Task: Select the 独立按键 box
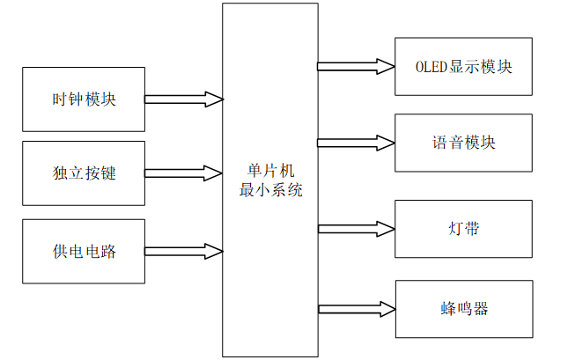coord(83,173)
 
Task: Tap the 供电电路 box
coord(83,251)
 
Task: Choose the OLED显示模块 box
coord(463,67)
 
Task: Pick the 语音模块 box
coord(463,143)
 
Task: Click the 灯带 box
coord(463,229)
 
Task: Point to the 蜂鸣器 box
coord(463,309)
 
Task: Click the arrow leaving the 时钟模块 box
coord(183,99)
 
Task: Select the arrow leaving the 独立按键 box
coord(183,173)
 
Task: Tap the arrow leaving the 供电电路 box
coord(183,251)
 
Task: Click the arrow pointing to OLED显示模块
coord(356,66)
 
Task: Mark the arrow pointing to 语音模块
coord(356,143)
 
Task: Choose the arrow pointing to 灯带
coord(356,229)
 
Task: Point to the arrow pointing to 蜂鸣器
coord(356,308)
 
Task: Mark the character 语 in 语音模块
coord(439,143)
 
